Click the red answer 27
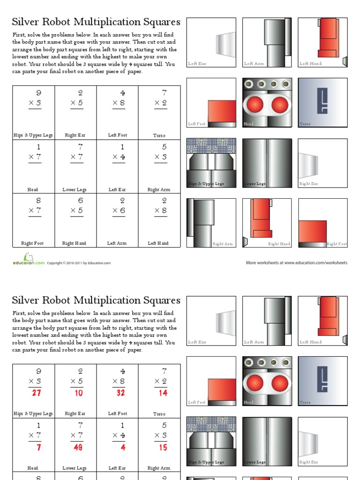click(x=36, y=393)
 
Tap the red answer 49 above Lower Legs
click(x=78, y=447)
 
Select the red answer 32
click(x=120, y=393)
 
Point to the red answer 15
click(x=162, y=447)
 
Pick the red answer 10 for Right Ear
click(x=78, y=393)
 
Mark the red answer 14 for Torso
click(x=162, y=393)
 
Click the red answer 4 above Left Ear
click(x=122, y=447)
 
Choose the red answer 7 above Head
click(x=38, y=447)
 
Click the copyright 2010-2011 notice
click(x=79, y=263)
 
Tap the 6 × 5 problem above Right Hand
click(x=75, y=206)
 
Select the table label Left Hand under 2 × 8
click(x=158, y=243)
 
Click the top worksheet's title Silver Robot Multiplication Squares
click(x=96, y=22)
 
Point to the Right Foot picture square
click(x=322, y=223)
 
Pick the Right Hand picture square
click(x=267, y=223)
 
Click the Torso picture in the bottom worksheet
click(x=322, y=381)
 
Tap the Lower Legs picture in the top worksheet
click(x=267, y=163)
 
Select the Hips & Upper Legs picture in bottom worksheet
click(x=211, y=441)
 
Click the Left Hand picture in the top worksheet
click(x=322, y=43)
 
